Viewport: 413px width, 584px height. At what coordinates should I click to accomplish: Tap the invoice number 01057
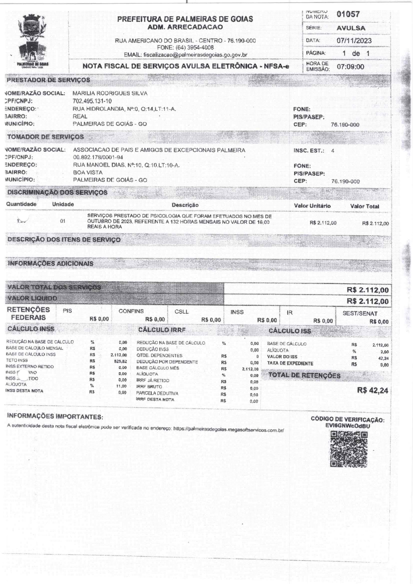click(x=348, y=14)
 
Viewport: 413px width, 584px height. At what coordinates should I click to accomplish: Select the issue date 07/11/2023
click(x=354, y=41)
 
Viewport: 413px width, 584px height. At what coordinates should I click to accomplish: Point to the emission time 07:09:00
click(x=350, y=67)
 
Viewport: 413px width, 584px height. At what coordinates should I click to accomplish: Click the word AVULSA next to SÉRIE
click(x=351, y=28)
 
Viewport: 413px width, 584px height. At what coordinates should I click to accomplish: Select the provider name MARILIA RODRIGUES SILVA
click(x=110, y=94)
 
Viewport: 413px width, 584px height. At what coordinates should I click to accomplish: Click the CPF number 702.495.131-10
click(x=92, y=101)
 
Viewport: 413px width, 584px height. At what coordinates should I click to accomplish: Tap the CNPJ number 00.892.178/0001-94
click(x=98, y=157)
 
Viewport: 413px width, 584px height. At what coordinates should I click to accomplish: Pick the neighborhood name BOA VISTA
click(x=88, y=172)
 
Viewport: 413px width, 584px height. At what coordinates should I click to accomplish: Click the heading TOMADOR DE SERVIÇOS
click(x=46, y=137)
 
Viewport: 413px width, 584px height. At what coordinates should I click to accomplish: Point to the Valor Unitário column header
click(x=312, y=206)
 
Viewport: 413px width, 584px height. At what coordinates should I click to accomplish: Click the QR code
click(x=349, y=449)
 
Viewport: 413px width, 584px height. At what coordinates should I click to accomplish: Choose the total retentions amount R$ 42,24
click(x=372, y=391)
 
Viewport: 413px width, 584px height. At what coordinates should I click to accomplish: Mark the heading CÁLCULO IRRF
click(x=162, y=330)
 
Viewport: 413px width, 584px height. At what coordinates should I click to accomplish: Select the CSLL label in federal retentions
click(x=182, y=312)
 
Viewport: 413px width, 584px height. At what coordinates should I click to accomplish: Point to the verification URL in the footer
click(x=228, y=430)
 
